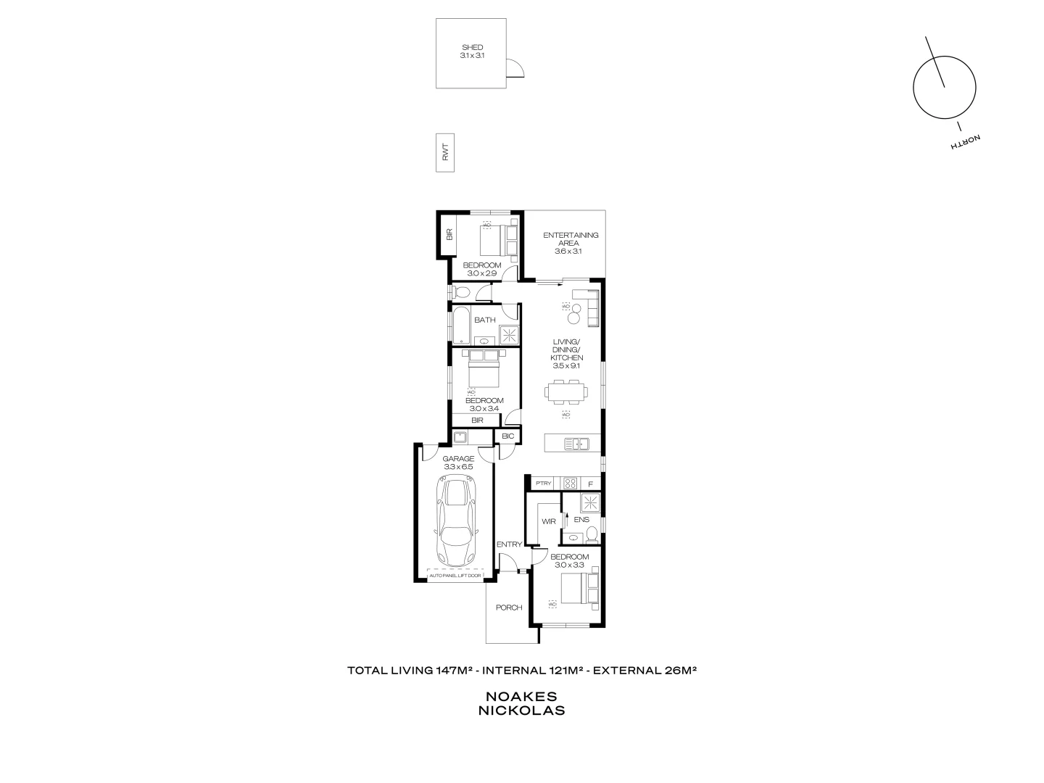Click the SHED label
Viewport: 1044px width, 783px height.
tap(471, 48)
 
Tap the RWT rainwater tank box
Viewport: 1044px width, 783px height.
tap(444, 153)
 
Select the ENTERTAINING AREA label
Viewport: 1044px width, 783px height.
tap(571, 235)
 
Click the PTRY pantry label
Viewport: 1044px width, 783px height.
tap(543, 484)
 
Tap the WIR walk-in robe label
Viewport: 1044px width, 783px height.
tap(548, 521)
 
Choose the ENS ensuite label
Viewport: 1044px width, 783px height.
tap(581, 520)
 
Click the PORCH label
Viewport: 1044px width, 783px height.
tap(509, 608)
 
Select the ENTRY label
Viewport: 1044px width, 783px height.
tap(509, 544)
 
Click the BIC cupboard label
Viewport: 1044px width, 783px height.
tap(507, 436)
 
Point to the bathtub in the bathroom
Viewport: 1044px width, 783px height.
tap(461, 326)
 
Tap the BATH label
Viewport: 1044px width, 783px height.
tap(485, 320)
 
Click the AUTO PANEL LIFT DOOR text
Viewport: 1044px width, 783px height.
tap(455, 576)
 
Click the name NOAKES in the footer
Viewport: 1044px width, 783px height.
tap(521, 696)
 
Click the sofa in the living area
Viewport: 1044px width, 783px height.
tap(587, 307)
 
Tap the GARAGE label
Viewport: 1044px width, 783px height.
tap(459, 458)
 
